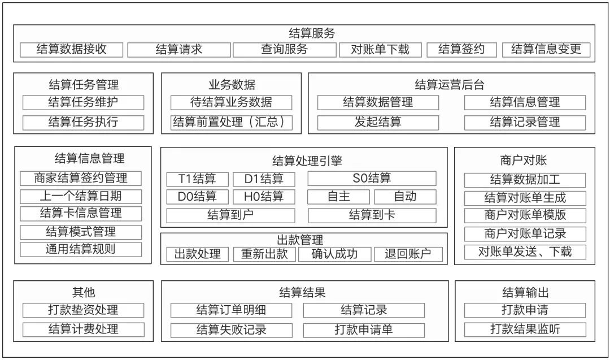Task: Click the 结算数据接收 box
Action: click(x=71, y=49)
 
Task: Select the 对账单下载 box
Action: click(x=380, y=49)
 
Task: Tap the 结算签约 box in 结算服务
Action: click(x=461, y=49)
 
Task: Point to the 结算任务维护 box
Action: click(x=83, y=102)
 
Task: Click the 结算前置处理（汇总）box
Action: click(x=231, y=122)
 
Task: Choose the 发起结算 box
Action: click(x=378, y=122)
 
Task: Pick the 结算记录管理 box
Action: click(x=525, y=122)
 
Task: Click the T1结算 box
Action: click(x=197, y=179)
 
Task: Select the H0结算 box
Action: click(x=264, y=197)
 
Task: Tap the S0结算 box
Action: click(x=372, y=179)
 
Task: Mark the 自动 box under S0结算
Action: click(x=405, y=197)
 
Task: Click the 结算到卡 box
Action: click(x=372, y=215)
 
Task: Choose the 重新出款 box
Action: click(x=264, y=254)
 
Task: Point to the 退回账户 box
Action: click(x=408, y=254)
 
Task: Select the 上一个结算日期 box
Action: click(x=81, y=196)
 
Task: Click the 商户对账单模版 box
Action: click(x=525, y=215)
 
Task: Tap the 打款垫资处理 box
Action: click(x=83, y=310)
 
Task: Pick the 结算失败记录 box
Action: click(x=231, y=329)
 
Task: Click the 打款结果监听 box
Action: click(x=525, y=329)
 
